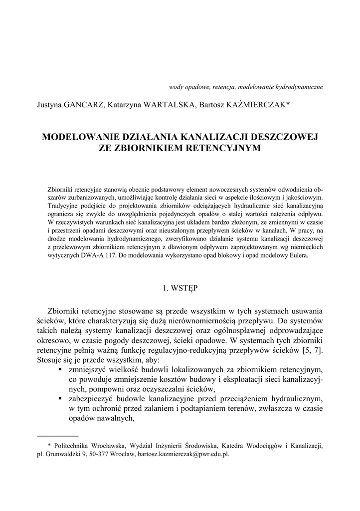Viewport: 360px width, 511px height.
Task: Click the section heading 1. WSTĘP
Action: (x=180, y=288)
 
